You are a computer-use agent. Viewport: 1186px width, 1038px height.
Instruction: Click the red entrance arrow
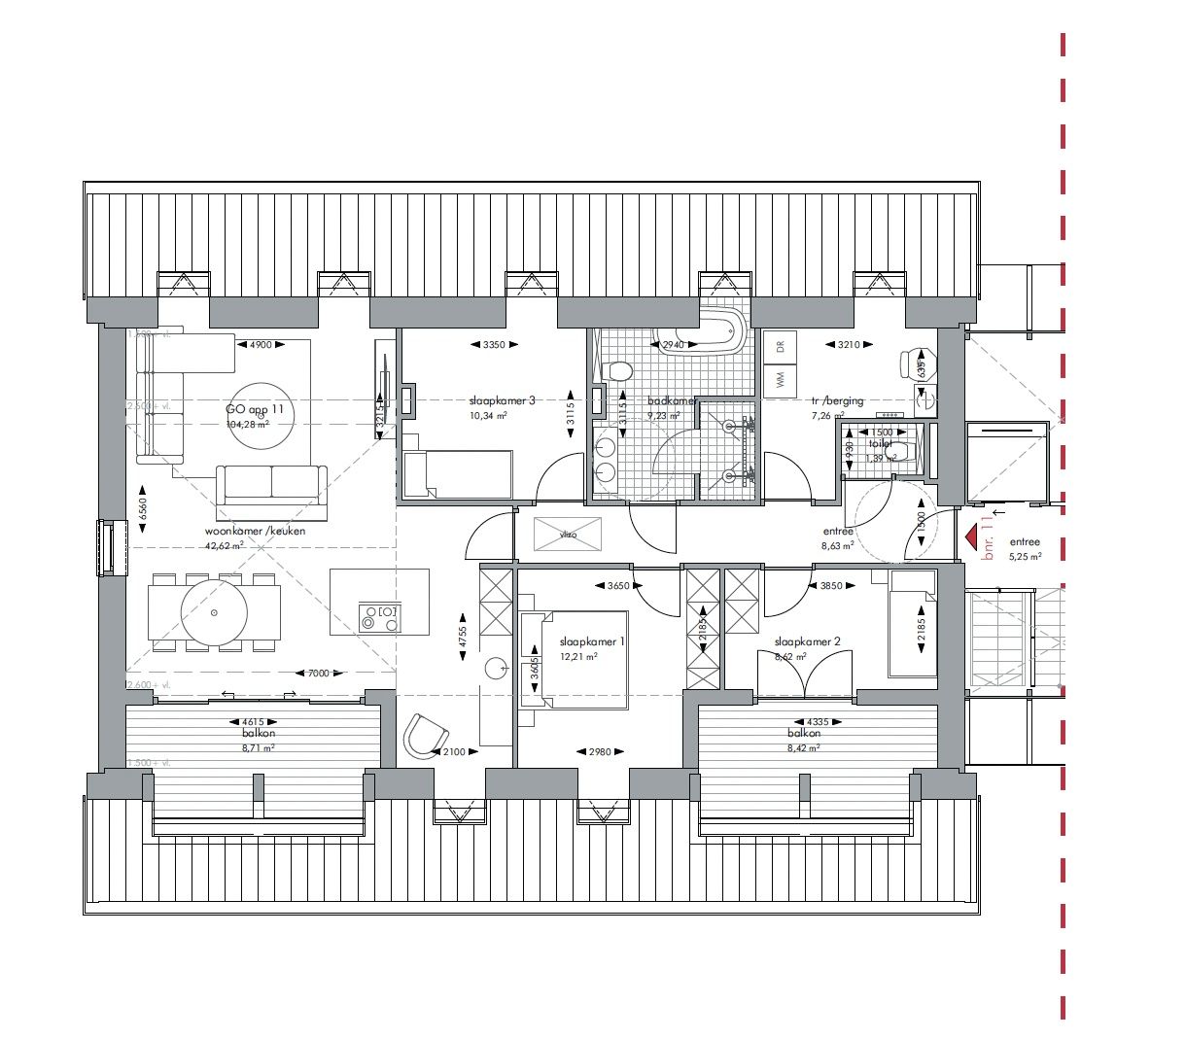(x=969, y=536)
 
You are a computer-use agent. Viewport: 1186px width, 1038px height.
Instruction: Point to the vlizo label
(x=569, y=534)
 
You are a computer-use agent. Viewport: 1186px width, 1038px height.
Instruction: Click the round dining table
(x=216, y=613)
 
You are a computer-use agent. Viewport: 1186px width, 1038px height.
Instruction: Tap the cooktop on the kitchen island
(x=378, y=617)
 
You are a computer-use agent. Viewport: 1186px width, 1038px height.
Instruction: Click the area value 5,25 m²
(x=1025, y=557)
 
